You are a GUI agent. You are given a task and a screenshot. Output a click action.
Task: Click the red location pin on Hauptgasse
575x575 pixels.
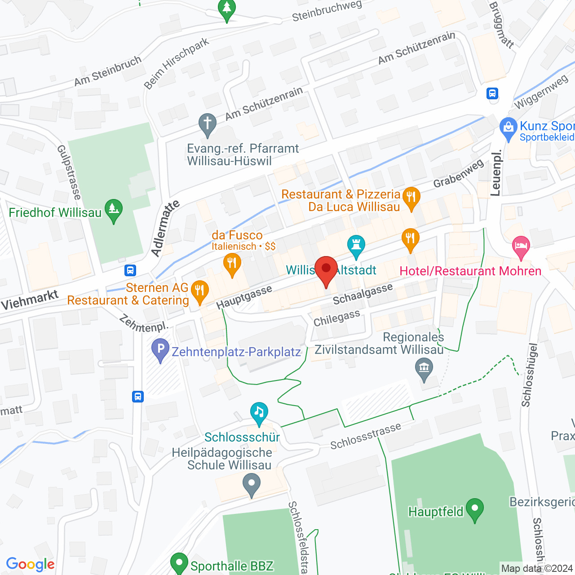[326, 270]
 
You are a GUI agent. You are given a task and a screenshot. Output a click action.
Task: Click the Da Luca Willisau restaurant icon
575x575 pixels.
[411, 198]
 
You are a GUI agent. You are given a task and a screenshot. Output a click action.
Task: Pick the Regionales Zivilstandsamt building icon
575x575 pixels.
[424, 369]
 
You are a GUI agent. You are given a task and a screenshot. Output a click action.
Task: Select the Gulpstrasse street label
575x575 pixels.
[69, 172]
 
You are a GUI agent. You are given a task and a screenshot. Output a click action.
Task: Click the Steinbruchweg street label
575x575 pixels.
[327, 11]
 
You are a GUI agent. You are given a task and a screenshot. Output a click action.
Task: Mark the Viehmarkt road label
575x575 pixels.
[30, 300]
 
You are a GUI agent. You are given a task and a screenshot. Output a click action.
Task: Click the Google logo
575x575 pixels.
[31, 564]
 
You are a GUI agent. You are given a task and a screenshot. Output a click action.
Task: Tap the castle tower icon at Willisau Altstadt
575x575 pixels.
[356, 246]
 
